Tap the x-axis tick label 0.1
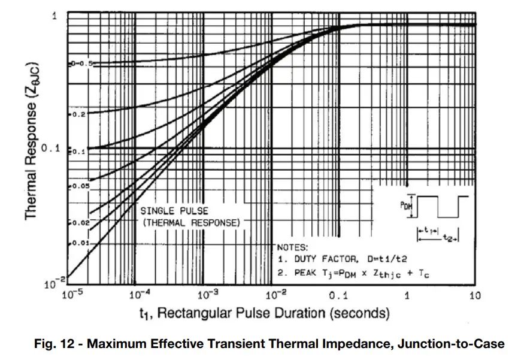339,295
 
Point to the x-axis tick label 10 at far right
475,295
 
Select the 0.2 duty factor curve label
78,113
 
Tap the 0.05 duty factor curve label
80,186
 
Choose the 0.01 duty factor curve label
80,243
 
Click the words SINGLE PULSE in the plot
174,211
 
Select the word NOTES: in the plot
292,247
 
